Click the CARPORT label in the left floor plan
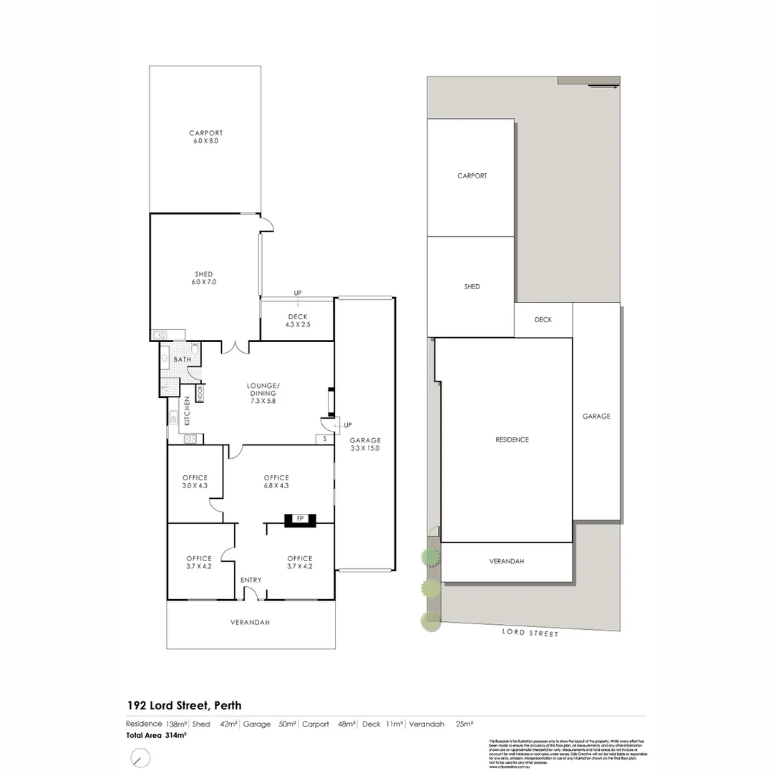tap(205, 133)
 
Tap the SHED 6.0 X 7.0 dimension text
tap(203, 283)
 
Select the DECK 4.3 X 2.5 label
tap(297, 321)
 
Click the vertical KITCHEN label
tap(188, 412)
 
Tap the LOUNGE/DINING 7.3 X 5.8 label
tap(263, 394)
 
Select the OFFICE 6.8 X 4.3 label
tap(276, 482)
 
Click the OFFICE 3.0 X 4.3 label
tap(195, 482)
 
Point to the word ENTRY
tap(251, 580)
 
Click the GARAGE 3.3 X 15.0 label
tap(365, 444)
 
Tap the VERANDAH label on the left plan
tap(250, 623)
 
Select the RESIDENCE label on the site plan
tap(512, 439)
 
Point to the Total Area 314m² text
tap(157, 735)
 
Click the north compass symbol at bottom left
tap(140, 757)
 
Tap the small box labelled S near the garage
tap(324, 439)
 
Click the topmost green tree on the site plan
tap(429, 556)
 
